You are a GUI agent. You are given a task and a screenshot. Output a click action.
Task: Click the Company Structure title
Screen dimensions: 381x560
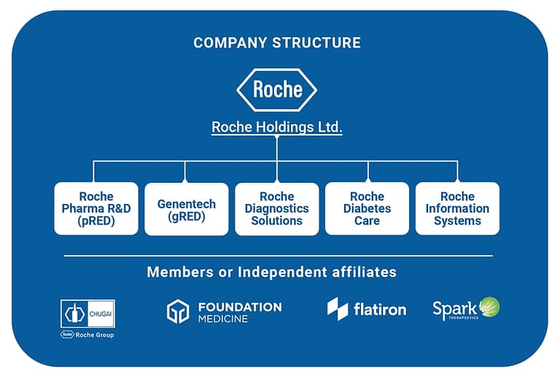(x=276, y=42)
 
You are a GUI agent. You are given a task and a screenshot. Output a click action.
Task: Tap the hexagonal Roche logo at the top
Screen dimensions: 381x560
(x=277, y=90)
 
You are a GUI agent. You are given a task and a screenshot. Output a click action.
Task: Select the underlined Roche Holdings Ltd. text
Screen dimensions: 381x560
(x=277, y=127)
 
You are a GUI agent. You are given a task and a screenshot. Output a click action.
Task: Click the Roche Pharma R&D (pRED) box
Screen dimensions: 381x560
(x=96, y=208)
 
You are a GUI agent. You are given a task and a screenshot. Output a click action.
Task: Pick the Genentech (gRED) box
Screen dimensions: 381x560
(x=187, y=208)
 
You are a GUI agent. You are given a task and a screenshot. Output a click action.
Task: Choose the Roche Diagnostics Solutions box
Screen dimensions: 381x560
(x=277, y=208)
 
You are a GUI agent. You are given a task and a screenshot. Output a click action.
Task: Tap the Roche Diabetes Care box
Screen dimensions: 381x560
(x=367, y=208)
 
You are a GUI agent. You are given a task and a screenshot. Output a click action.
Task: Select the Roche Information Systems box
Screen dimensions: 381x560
(x=457, y=208)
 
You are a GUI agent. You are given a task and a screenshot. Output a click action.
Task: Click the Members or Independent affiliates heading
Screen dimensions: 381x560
(x=272, y=272)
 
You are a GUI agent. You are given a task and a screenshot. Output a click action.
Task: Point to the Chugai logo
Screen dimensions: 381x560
(x=87, y=314)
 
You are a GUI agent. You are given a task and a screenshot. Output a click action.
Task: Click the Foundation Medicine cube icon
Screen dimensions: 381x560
(x=178, y=311)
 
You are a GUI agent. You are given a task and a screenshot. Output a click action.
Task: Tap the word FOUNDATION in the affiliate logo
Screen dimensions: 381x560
(x=240, y=307)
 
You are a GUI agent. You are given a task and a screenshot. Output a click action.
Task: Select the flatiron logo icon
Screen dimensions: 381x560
(x=338, y=309)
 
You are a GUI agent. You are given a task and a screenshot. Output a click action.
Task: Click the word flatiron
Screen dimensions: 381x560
(x=380, y=310)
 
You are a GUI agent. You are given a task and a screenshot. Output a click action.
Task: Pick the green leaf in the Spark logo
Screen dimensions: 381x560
(x=489, y=307)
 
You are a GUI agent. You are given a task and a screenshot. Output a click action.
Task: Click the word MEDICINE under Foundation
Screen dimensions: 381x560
(x=223, y=319)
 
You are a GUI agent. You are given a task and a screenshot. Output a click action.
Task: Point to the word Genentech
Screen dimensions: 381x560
(x=187, y=204)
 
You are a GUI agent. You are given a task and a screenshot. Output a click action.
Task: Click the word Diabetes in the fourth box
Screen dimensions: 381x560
(x=367, y=208)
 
